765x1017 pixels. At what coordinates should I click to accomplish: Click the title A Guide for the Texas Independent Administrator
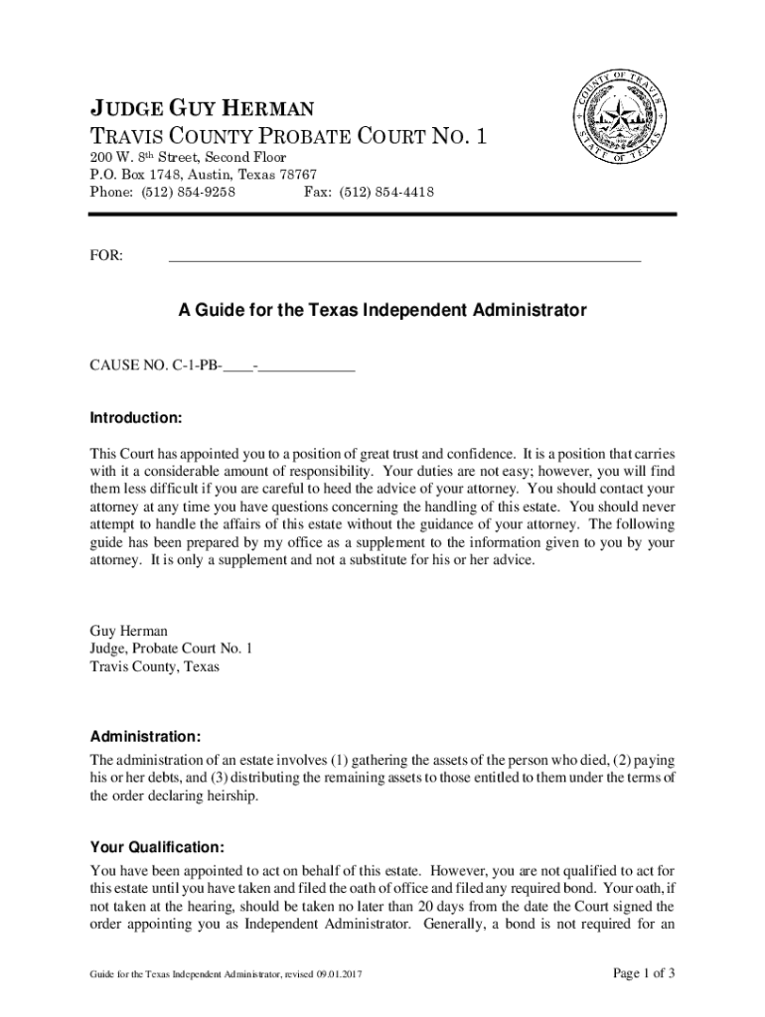tap(382, 311)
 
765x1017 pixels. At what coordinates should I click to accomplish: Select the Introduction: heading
tap(135, 417)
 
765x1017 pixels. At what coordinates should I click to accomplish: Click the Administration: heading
tap(146, 737)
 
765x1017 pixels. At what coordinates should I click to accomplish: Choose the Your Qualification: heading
tap(157, 847)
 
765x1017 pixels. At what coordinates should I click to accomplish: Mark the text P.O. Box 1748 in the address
tap(130, 175)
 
